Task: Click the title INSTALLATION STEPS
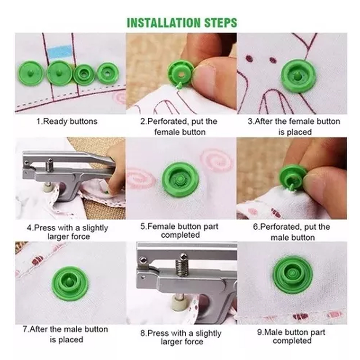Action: (x=182, y=23)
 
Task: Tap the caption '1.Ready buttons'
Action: (x=67, y=121)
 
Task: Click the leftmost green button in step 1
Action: (x=31, y=73)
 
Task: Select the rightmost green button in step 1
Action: (x=108, y=73)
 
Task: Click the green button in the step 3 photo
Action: (x=298, y=76)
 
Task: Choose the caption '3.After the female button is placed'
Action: (x=294, y=126)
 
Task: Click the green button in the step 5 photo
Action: (x=180, y=180)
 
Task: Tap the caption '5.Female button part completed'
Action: (x=180, y=231)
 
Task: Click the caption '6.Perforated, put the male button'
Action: (x=292, y=232)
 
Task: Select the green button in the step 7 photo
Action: (x=70, y=283)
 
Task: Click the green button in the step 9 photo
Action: (x=293, y=275)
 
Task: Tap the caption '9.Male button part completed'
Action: (x=291, y=336)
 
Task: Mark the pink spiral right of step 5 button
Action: (x=217, y=160)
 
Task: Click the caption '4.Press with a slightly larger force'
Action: (x=67, y=232)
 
